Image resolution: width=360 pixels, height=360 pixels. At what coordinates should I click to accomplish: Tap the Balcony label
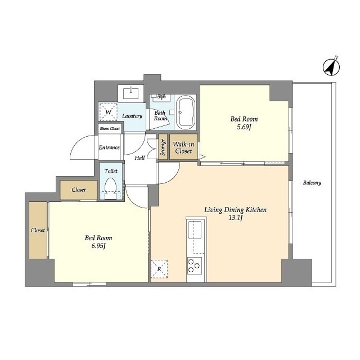coord(312,183)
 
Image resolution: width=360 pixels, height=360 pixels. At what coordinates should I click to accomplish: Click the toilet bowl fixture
coord(110,187)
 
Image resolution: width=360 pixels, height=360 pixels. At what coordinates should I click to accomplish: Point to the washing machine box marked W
coord(108,111)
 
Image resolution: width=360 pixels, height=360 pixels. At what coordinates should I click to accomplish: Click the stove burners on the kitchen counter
coord(194,265)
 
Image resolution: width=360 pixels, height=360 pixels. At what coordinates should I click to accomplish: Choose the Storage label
coord(163,147)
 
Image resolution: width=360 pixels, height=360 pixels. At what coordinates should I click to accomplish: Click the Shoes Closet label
coord(110,129)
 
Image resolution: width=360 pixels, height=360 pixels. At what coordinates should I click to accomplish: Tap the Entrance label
coord(109,147)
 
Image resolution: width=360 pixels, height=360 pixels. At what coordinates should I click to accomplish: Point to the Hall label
coord(139,157)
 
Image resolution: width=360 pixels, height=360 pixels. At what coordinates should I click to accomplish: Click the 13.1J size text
coord(235,218)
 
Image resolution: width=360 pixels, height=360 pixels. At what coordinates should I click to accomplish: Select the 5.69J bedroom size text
coord(244,128)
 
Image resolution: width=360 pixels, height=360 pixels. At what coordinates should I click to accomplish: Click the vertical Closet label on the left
coord(38,230)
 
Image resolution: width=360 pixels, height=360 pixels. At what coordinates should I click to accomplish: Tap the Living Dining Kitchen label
coord(235,210)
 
